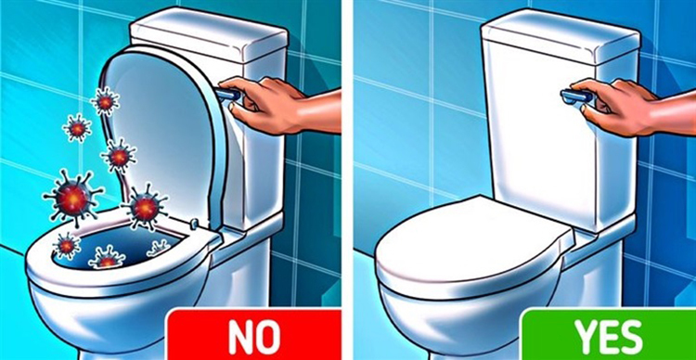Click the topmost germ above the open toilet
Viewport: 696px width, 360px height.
(105, 100)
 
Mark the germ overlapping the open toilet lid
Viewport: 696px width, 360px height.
(144, 206)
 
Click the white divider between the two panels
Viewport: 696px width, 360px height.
(348, 180)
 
